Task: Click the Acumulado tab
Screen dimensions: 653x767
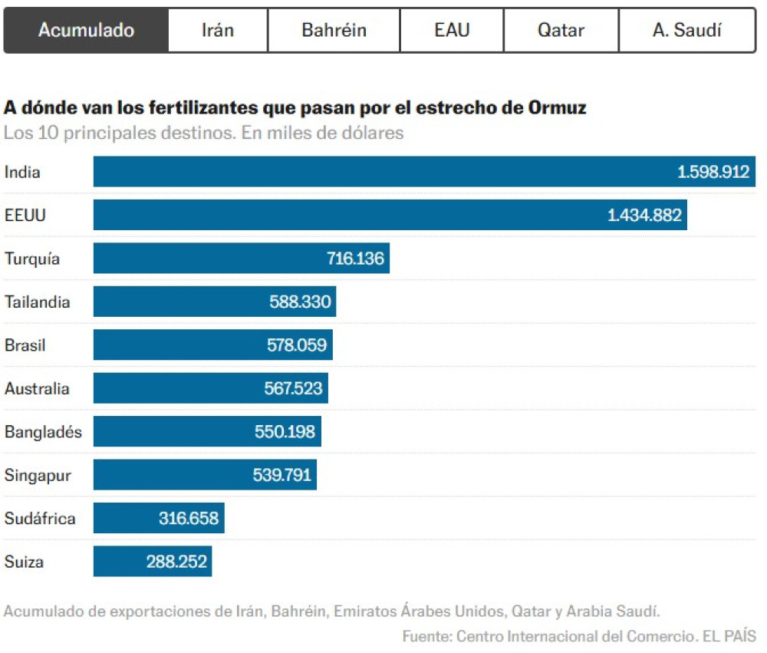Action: click(86, 31)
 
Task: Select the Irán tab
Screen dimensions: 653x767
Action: click(218, 31)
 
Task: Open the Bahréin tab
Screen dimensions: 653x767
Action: click(334, 31)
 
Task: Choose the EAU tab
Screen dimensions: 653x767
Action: click(452, 31)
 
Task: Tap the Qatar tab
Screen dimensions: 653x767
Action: click(561, 31)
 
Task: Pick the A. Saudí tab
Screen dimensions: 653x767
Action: click(686, 31)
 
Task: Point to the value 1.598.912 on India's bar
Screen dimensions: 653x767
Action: click(713, 172)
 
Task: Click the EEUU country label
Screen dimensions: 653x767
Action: click(25, 216)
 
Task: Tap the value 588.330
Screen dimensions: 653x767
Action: click(300, 302)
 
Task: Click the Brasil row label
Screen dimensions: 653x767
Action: click(25, 345)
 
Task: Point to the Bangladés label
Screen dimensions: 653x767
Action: click(43, 432)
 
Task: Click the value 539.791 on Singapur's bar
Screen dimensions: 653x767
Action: click(282, 475)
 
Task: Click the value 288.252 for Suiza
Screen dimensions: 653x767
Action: click(176, 562)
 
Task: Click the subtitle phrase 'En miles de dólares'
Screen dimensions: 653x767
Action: click(322, 133)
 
